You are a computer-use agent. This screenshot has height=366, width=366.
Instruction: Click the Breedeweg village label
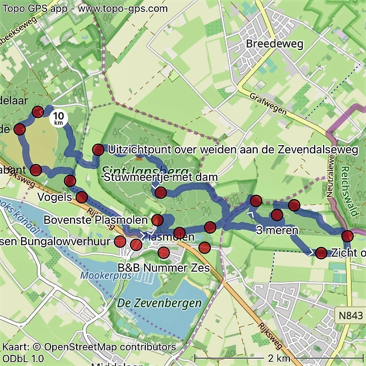274,44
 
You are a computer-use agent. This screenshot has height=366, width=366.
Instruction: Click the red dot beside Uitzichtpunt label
98,150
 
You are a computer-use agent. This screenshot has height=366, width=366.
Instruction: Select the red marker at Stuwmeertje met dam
161,193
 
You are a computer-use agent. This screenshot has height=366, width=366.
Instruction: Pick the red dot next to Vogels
82,197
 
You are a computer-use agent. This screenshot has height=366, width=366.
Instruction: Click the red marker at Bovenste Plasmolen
158,219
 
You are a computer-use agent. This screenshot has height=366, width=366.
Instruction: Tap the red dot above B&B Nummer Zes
164,253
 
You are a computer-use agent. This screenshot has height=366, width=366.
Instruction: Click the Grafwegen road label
268,104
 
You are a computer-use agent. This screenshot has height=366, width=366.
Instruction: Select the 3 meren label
277,230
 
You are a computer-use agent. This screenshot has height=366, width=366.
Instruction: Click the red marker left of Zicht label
321,253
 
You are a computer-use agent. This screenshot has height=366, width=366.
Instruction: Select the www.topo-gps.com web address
123,8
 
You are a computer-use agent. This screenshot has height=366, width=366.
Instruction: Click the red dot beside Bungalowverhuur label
120,242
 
